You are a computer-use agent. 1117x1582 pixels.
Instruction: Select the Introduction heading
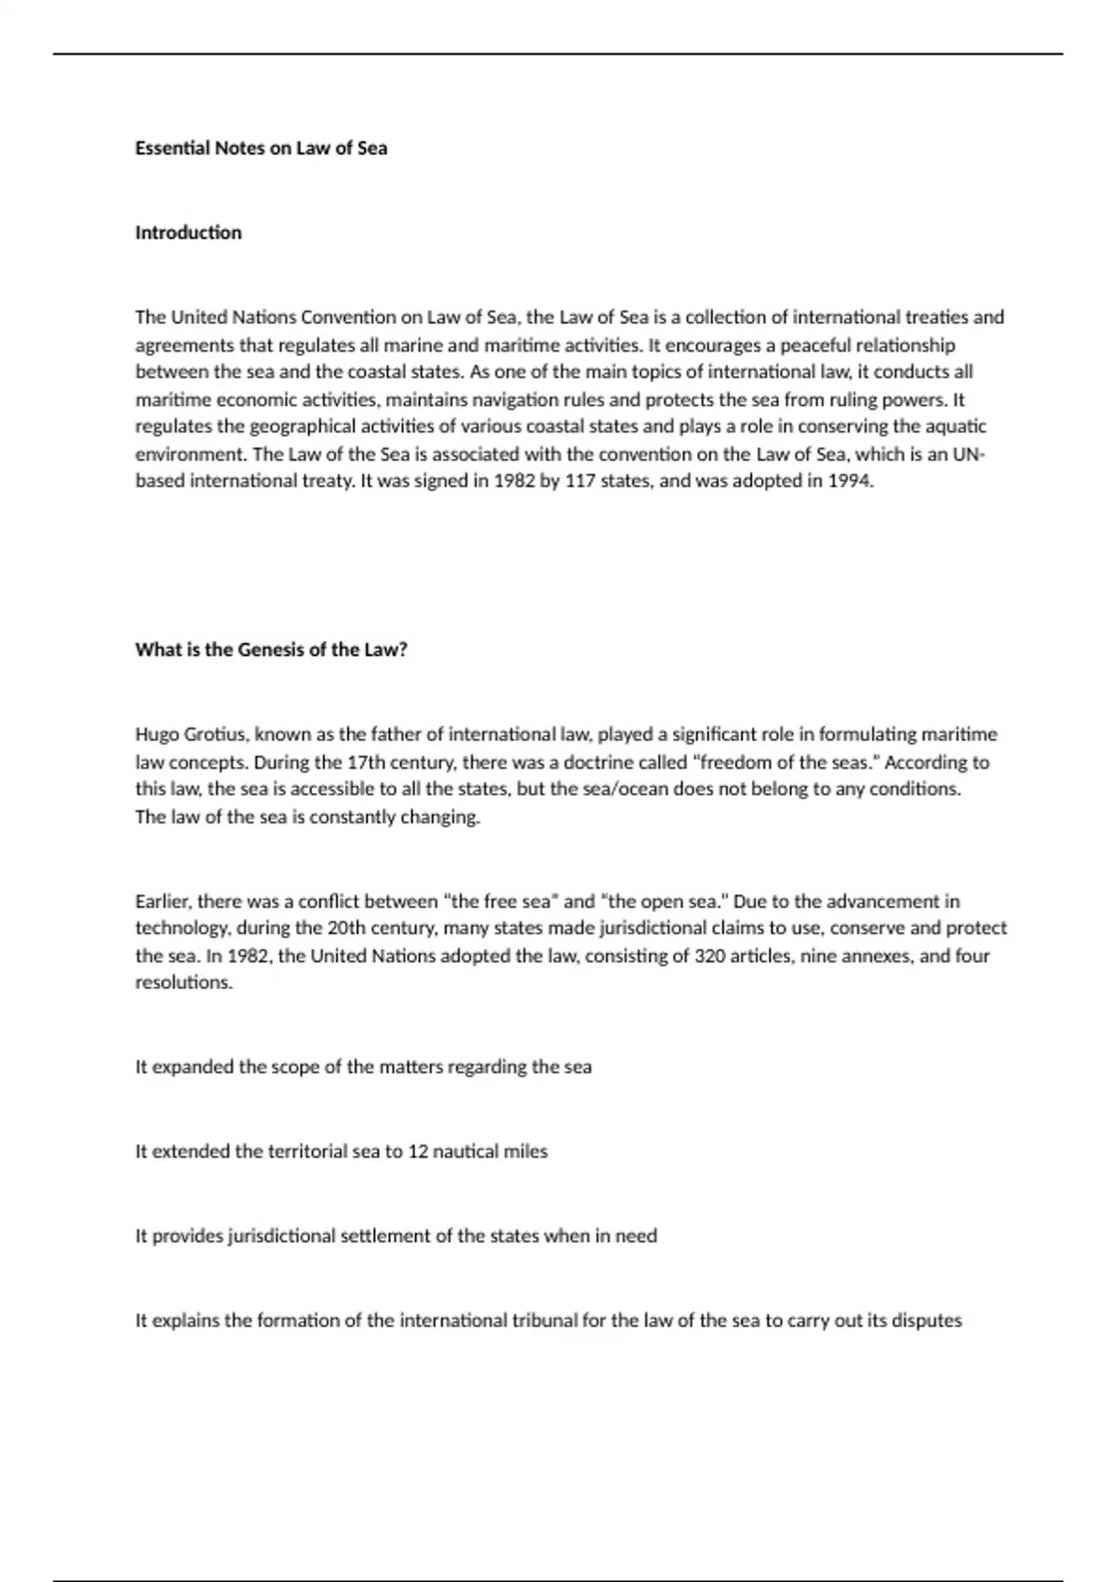(188, 233)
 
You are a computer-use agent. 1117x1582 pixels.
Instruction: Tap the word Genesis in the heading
(271, 650)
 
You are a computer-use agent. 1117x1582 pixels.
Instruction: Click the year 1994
(850, 481)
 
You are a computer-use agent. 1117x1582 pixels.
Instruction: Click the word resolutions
(182, 983)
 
